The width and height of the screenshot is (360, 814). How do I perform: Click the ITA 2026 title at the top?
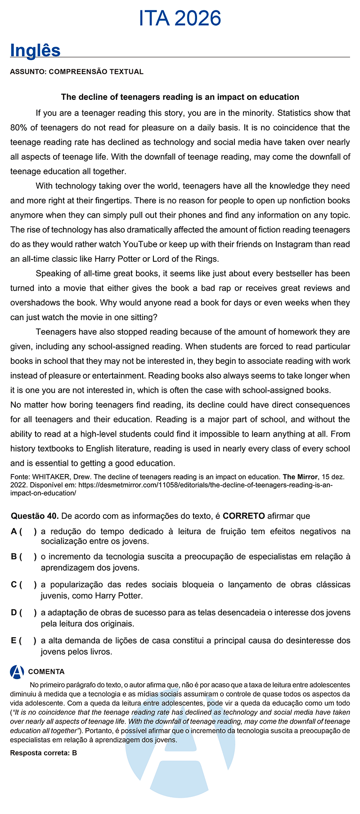[x=180, y=18]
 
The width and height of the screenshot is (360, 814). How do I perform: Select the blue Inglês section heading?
[x=35, y=50]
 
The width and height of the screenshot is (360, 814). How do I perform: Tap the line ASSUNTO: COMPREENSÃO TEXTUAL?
[x=76, y=72]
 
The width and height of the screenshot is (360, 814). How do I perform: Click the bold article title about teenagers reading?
[x=180, y=97]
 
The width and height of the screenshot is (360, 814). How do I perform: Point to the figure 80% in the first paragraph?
[x=18, y=128]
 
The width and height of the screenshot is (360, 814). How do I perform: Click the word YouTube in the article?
[x=140, y=244]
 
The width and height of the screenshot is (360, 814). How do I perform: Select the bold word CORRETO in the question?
[x=243, y=516]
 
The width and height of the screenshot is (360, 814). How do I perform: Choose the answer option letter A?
[x=14, y=532]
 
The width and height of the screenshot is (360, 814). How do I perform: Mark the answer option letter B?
[x=14, y=557]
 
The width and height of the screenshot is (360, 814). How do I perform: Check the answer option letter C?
[x=14, y=585]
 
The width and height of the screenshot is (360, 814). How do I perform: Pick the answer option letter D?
[x=14, y=613]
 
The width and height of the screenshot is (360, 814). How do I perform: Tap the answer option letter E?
[x=14, y=640]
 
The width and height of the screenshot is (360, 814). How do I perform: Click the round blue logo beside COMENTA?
[x=17, y=672]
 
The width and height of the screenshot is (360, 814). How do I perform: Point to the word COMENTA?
[x=46, y=672]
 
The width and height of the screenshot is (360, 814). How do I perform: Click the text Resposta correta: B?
[x=44, y=753]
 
